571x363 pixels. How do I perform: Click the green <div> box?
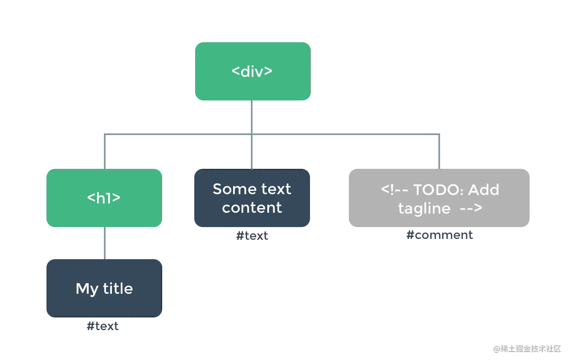click(252, 71)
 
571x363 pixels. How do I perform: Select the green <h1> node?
click(103, 198)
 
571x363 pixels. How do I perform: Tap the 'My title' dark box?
click(103, 288)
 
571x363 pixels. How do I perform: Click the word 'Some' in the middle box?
click(228, 189)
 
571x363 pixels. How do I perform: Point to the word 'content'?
click(252, 208)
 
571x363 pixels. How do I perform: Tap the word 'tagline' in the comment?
click(424, 209)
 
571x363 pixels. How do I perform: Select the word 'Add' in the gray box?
click(484, 190)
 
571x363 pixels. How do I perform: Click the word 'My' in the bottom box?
click(87, 289)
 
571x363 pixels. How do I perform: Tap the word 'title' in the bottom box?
click(118, 288)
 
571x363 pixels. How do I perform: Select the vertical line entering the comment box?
click(439, 152)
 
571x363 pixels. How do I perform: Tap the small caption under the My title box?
click(103, 326)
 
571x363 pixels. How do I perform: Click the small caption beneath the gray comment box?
click(439, 235)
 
